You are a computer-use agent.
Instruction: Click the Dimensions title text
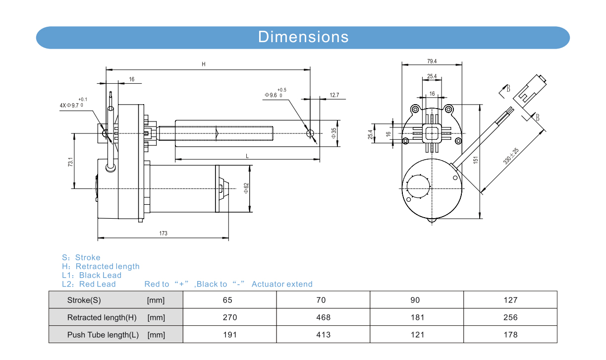click(x=303, y=37)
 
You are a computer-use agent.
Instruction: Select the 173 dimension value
click(x=164, y=233)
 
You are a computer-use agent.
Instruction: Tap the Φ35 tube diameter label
click(x=334, y=133)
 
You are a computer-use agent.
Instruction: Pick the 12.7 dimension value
click(x=334, y=95)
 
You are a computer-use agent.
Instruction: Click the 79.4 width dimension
click(x=432, y=61)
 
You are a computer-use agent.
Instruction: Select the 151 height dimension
click(x=475, y=160)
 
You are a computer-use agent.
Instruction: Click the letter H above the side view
click(x=204, y=64)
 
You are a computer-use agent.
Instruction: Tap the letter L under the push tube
click(x=247, y=156)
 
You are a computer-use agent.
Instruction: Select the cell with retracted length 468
click(x=323, y=317)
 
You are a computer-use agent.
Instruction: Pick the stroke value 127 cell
click(x=510, y=300)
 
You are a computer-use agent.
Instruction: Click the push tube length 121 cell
click(x=417, y=335)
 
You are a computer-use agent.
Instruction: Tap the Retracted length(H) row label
click(x=102, y=317)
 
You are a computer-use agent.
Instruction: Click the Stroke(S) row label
click(x=84, y=300)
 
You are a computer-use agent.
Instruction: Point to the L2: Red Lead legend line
click(x=89, y=284)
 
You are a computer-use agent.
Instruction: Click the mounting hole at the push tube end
click(x=311, y=133)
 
